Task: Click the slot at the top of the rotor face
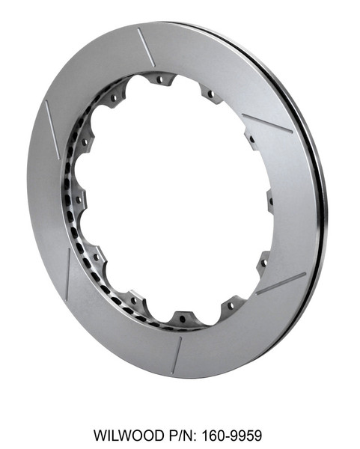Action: click(x=147, y=47)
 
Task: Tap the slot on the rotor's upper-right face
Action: click(x=268, y=123)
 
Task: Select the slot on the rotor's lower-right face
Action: click(x=281, y=284)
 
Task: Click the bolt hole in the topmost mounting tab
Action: click(x=159, y=78)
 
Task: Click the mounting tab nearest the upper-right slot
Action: click(x=251, y=138)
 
